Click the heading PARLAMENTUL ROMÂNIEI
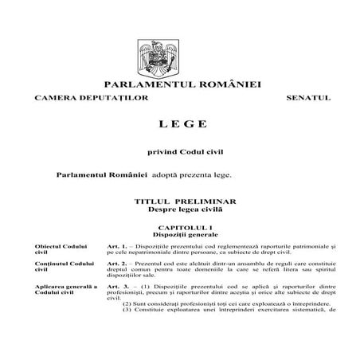[180, 84]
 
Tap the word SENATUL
[307, 98]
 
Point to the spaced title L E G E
[179, 124]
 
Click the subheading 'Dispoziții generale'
[180, 236]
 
